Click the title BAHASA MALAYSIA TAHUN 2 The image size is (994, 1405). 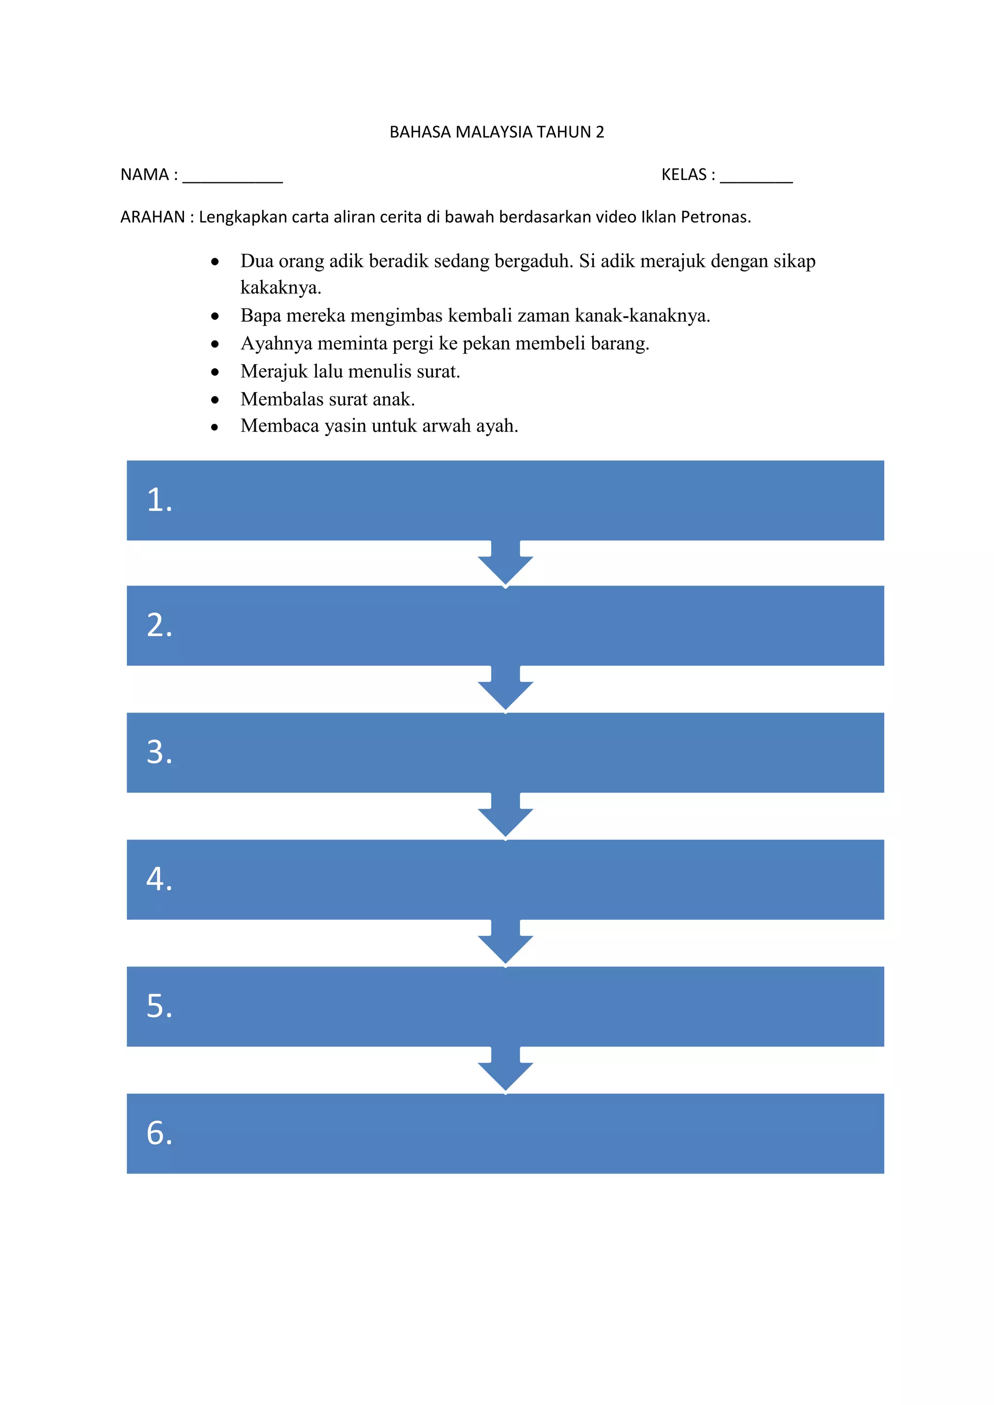497,132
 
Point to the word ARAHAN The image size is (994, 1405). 152,217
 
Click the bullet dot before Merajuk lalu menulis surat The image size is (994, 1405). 215,372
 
